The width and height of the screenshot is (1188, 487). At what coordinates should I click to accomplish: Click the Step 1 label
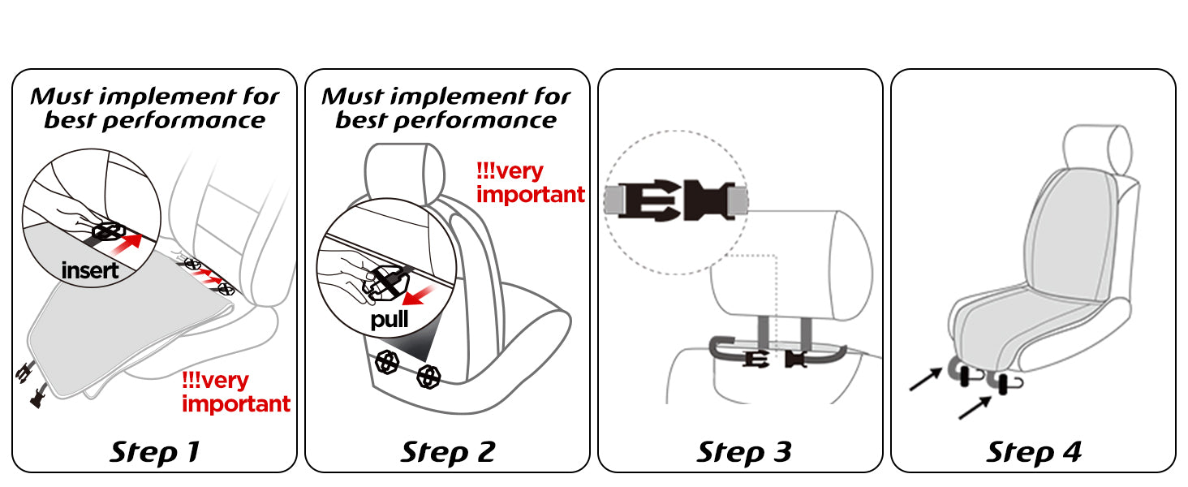[154, 451]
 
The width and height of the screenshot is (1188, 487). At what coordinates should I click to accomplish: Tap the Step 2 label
[447, 451]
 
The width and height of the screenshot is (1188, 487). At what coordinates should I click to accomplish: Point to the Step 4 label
[1034, 451]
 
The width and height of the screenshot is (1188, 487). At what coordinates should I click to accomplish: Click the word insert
[90, 270]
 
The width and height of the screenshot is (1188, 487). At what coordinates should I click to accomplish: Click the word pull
[390, 319]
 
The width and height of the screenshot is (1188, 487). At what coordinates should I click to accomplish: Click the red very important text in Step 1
[235, 392]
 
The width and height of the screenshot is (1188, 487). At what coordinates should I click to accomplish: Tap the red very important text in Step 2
[530, 183]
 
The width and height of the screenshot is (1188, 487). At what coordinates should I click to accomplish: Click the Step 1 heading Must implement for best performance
[154, 109]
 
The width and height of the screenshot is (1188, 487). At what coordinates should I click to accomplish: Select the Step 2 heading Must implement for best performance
[446, 109]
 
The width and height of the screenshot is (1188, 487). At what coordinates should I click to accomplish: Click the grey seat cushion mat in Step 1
[122, 333]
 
